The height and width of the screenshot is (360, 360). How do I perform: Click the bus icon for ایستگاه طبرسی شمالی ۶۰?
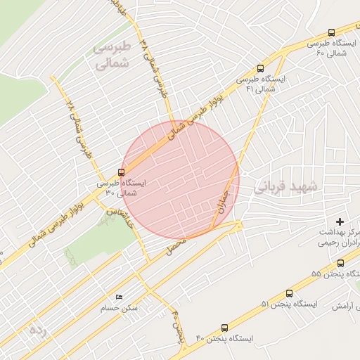(331, 33)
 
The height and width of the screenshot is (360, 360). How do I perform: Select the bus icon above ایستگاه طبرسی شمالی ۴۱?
(261, 69)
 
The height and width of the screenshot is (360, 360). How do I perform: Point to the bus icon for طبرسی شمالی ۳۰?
(122, 172)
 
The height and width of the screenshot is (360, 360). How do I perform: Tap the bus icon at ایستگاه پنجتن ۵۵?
(341, 263)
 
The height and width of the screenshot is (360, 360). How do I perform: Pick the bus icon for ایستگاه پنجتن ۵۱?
(289, 293)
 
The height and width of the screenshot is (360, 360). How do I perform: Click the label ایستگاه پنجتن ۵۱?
(290, 304)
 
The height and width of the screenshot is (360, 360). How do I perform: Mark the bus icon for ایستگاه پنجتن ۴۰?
(224, 328)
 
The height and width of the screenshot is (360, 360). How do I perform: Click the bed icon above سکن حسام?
(119, 297)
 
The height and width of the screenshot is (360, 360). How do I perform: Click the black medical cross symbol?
(340, 222)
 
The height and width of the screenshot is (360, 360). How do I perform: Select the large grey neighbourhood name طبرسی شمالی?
(112, 54)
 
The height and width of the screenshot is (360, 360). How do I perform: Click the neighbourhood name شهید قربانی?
(286, 187)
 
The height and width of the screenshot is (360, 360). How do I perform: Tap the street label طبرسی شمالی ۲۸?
(79, 128)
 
